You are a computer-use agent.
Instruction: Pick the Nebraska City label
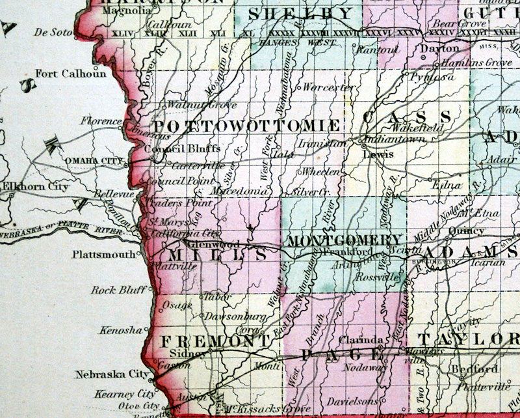(x=104, y=374)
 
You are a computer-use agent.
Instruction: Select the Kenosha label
(x=120, y=330)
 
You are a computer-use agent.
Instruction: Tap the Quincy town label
(x=471, y=230)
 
